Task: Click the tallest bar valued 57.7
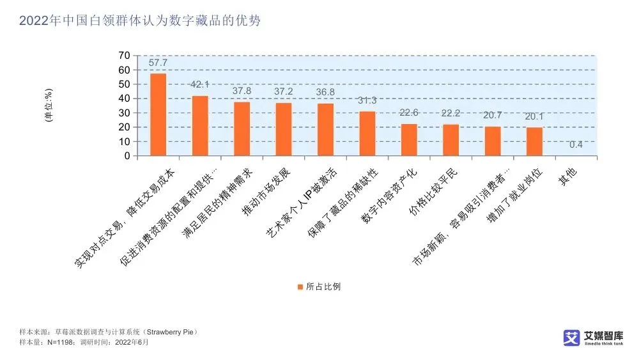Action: tap(158, 114)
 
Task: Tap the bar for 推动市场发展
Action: tap(284, 129)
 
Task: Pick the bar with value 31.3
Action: tap(367, 134)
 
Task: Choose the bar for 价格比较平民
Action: tap(451, 140)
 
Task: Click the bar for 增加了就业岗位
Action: tap(534, 141)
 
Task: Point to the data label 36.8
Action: tap(325, 92)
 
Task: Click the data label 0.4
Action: tap(576, 145)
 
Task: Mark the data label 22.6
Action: tap(409, 113)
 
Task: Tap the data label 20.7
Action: tap(493, 116)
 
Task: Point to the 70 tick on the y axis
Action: tap(124, 56)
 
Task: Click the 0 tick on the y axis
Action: tap(127, 155)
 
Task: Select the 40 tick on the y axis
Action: tap(124, 98)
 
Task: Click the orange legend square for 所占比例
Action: tap(300, 286)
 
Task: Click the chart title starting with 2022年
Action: tap(140, 20)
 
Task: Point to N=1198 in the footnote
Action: tap(65, 342)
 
